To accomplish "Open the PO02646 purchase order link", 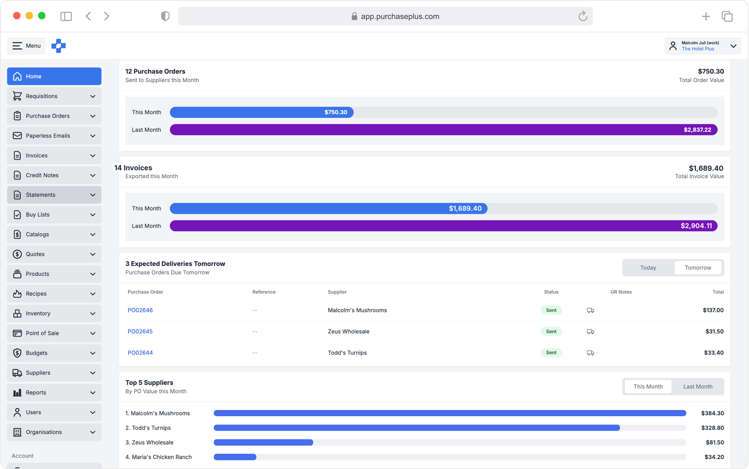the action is (140, 310).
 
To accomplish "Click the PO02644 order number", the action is (140, 353).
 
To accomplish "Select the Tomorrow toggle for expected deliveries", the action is (698, 268).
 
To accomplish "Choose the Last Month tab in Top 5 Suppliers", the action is (698, 386).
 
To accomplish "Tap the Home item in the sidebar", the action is (54, 76).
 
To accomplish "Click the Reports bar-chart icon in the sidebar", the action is (17, 392).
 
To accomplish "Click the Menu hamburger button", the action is (26, 46).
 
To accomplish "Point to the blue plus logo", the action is (59, 46).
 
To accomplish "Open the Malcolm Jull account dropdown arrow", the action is (733, 46).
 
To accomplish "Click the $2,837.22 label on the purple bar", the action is (697, 130).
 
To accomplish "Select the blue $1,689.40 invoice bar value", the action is (465, 209).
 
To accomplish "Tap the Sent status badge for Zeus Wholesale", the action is (551, 332).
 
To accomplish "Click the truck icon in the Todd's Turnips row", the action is (590, 353).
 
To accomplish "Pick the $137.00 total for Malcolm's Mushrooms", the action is (713, 310).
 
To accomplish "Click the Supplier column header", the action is (337, 292).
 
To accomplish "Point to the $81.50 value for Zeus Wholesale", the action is (715, 443).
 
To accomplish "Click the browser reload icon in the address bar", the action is (583, 16).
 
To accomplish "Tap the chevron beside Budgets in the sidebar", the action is (93, 353).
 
